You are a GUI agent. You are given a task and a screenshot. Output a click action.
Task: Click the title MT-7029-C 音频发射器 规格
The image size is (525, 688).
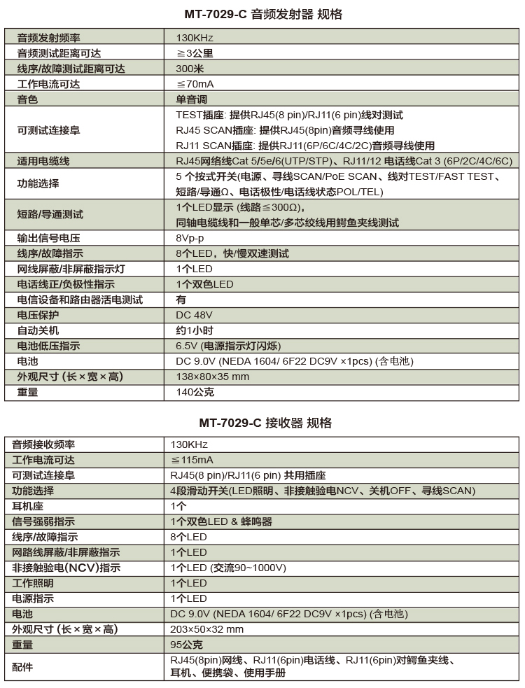[262, 14]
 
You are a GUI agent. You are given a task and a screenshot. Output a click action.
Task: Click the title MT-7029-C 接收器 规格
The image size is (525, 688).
[262, 423]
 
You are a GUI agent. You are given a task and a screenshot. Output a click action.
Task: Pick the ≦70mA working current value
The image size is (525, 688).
[195, 84]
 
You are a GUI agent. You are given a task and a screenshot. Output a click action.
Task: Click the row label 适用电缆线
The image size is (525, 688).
[43, 161]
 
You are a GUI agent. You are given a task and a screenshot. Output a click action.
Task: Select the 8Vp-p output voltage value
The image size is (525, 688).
[191, 238]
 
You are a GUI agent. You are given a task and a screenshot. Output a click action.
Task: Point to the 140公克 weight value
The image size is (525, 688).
[195, 392]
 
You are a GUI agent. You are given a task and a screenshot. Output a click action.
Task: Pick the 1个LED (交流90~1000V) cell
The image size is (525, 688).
[227, 568]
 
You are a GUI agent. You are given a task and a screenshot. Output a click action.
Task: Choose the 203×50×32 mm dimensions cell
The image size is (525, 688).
[207, 629]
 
